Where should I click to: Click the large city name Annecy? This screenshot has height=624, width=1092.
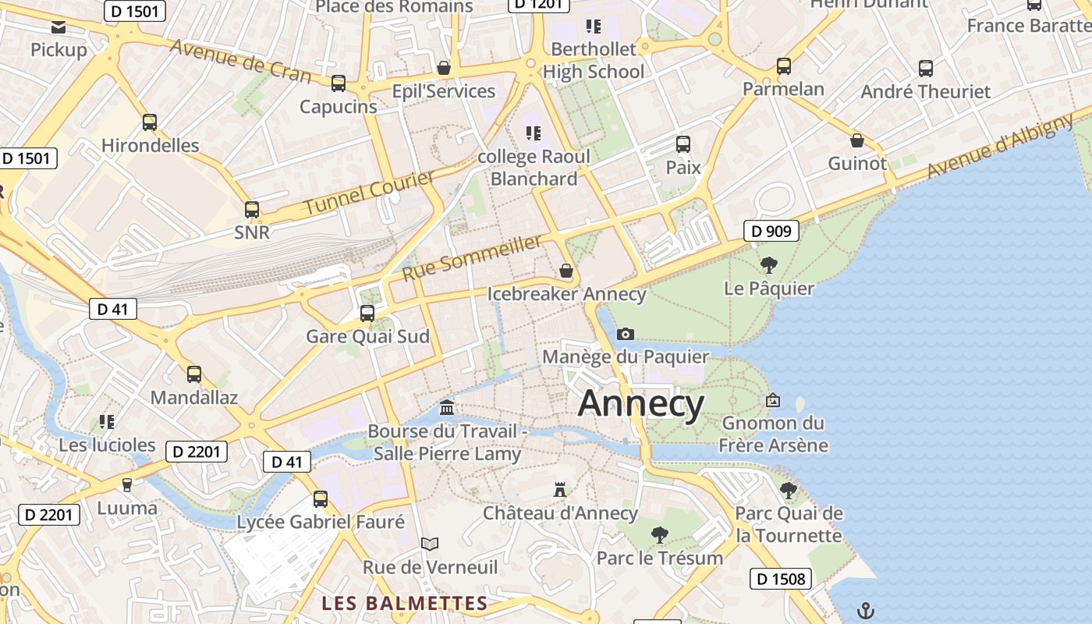[641, 403]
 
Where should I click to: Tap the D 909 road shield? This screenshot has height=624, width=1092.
[771, 231]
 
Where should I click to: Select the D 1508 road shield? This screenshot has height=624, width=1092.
[781, 579]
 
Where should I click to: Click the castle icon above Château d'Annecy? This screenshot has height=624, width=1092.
[559, 490]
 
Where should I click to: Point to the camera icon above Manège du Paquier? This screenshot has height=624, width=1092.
[625, 334]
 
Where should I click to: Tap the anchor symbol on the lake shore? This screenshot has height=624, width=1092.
[864, 609]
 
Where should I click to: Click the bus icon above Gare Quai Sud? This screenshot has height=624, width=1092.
[367, 314]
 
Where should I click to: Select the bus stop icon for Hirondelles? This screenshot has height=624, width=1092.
[149, 122]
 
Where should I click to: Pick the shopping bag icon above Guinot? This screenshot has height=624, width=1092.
[856, 141]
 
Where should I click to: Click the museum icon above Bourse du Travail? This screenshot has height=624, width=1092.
[447, 408]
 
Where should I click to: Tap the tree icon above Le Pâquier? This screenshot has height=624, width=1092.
[768, 265]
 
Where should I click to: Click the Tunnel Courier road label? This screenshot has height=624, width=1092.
[369, 193]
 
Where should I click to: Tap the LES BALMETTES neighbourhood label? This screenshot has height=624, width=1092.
[405, 603]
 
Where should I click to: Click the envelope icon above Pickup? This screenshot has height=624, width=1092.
[58, 28]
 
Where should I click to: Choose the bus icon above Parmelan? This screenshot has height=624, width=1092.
[783, 66]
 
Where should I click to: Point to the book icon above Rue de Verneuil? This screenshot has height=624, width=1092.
[430, 544]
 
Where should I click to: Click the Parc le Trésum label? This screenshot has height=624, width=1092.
[660, 558]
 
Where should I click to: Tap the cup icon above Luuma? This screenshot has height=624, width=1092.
[127, 484]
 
